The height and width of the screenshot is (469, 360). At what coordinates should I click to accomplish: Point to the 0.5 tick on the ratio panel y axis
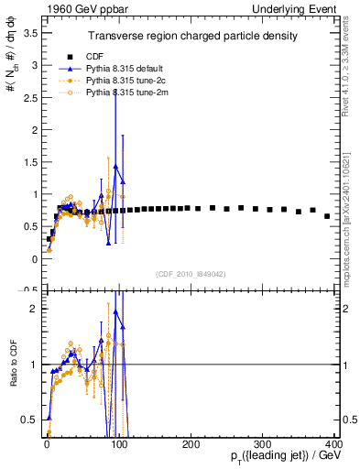pos(29,420)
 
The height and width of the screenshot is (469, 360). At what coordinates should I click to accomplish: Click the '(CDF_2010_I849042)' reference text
pos(191,273)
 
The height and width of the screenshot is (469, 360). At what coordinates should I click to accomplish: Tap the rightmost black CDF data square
pos(327,216)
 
